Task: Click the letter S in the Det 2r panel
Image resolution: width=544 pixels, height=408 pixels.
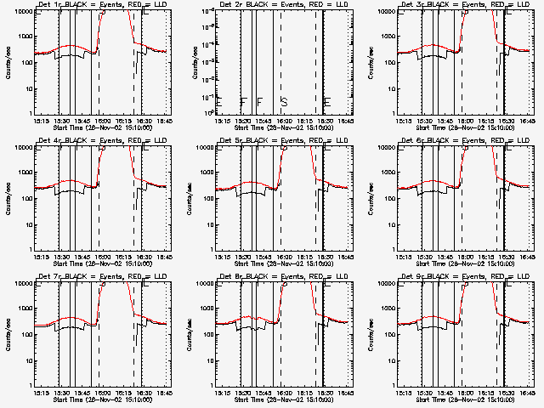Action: coord(285,102)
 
